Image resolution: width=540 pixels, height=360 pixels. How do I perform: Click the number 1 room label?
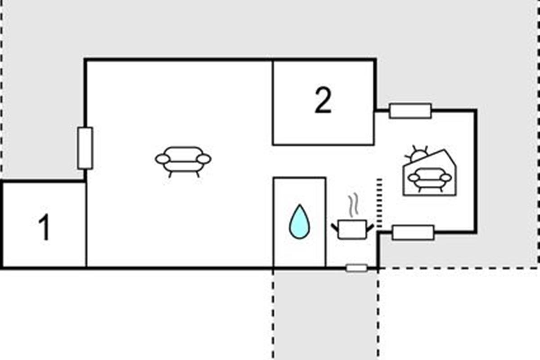(x=44, y=227)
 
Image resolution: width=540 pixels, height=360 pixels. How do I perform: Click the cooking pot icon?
(x=352, y=229)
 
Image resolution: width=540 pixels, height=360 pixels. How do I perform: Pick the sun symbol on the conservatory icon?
(x=418, y=155)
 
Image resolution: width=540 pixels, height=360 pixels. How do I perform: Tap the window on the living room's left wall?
(x=85, y=148)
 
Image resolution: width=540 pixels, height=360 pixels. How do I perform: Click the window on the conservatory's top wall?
(x=410, y=111)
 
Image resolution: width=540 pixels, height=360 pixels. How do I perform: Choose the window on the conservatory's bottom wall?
(x=413, y=232)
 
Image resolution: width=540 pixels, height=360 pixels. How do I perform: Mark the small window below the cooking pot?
(x=356, y=268)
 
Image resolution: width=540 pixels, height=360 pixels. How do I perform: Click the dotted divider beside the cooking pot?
(x=379, y=202)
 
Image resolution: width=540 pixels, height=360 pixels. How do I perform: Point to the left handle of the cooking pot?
(x=335, y=227)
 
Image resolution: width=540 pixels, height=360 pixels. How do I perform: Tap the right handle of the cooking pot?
(x=370, y=227)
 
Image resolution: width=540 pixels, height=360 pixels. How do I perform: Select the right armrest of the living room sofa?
(x=204, y=158)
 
